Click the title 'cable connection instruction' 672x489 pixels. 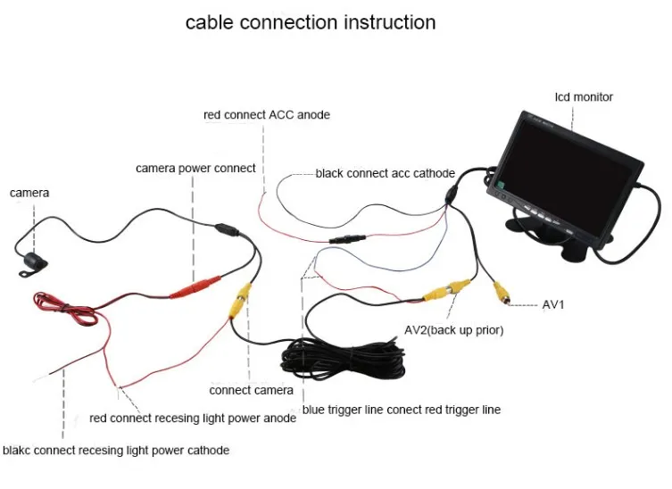[x=311, y=22]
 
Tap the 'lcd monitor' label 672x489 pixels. [x=584, y=96]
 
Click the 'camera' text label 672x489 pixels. [x=29, y=193]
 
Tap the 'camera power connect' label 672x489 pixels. [x=195, y=168]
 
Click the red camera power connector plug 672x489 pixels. [x=193, y=288]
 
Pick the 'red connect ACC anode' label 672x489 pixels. [x=266, y=115]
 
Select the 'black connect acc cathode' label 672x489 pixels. [x=385, y=173]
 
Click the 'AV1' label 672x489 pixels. [x=554, y=304]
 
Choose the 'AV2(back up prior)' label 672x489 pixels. [x=453, y=330]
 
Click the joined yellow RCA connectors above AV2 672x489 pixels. [x=446, y=290]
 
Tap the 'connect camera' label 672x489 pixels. [x=251, y=390]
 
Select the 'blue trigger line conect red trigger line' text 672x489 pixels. [x=401, y=410]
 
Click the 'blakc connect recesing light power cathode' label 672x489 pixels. [x=116, y=450]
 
